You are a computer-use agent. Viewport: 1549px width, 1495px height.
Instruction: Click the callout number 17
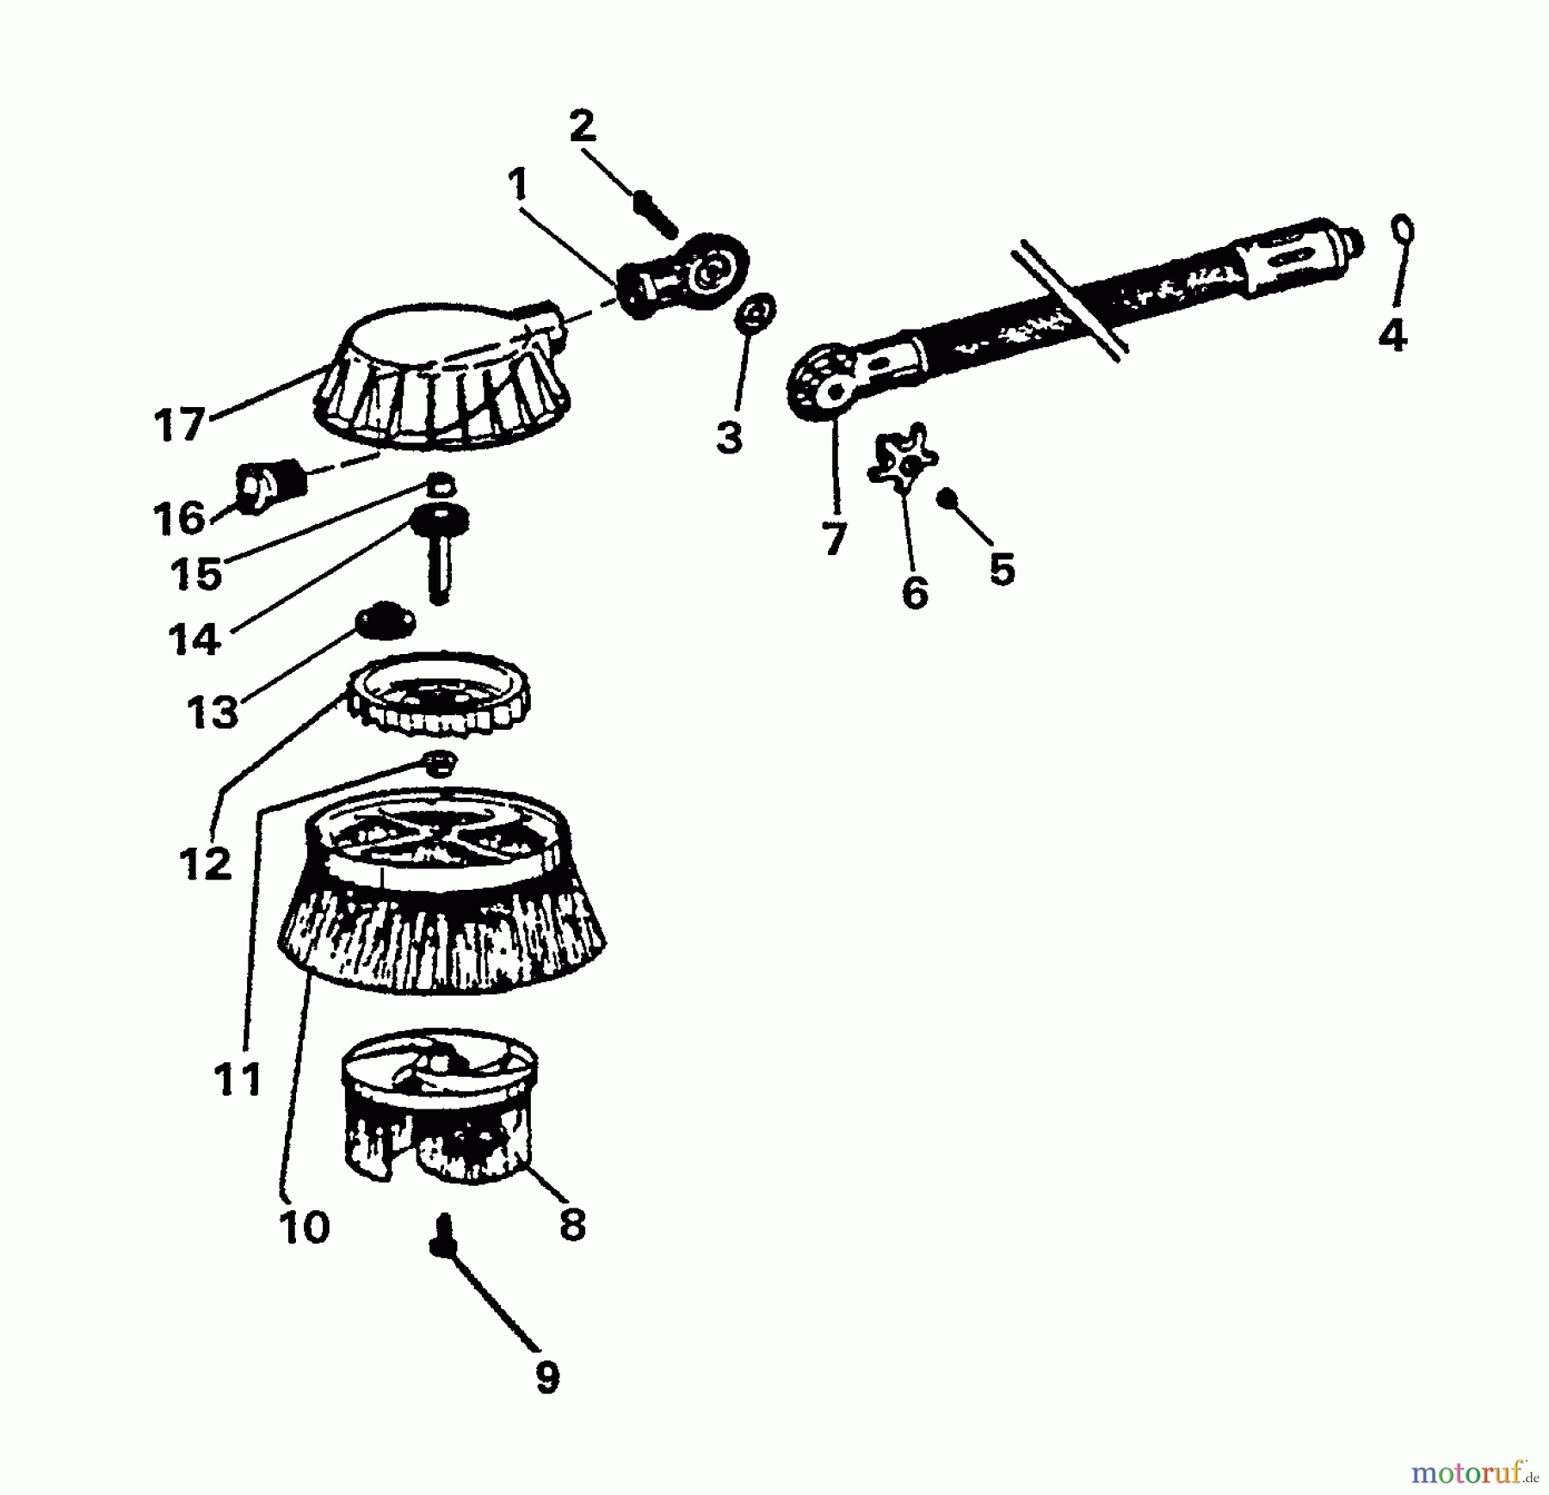pyautogui.click(x=180, y=425)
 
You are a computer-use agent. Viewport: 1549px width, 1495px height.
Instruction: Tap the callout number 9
pyautogui.click(x=547, y=1377)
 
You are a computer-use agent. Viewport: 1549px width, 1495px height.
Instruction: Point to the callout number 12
pyautogui.click(x=206, y=862)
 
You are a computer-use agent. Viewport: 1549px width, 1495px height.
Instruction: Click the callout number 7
pyautogui.click(x=834, y=540)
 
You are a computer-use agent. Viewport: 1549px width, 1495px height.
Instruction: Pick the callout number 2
pyautogui.click(x=583, y=128)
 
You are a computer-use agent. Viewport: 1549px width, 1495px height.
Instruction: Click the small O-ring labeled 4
pyautogui.click(x=1404, y=231)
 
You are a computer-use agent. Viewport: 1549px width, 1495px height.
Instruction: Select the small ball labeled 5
pyautogui.click(x=947, y=497)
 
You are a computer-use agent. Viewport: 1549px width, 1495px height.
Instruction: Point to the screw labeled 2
pyautogui.click(x=656, y=214)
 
